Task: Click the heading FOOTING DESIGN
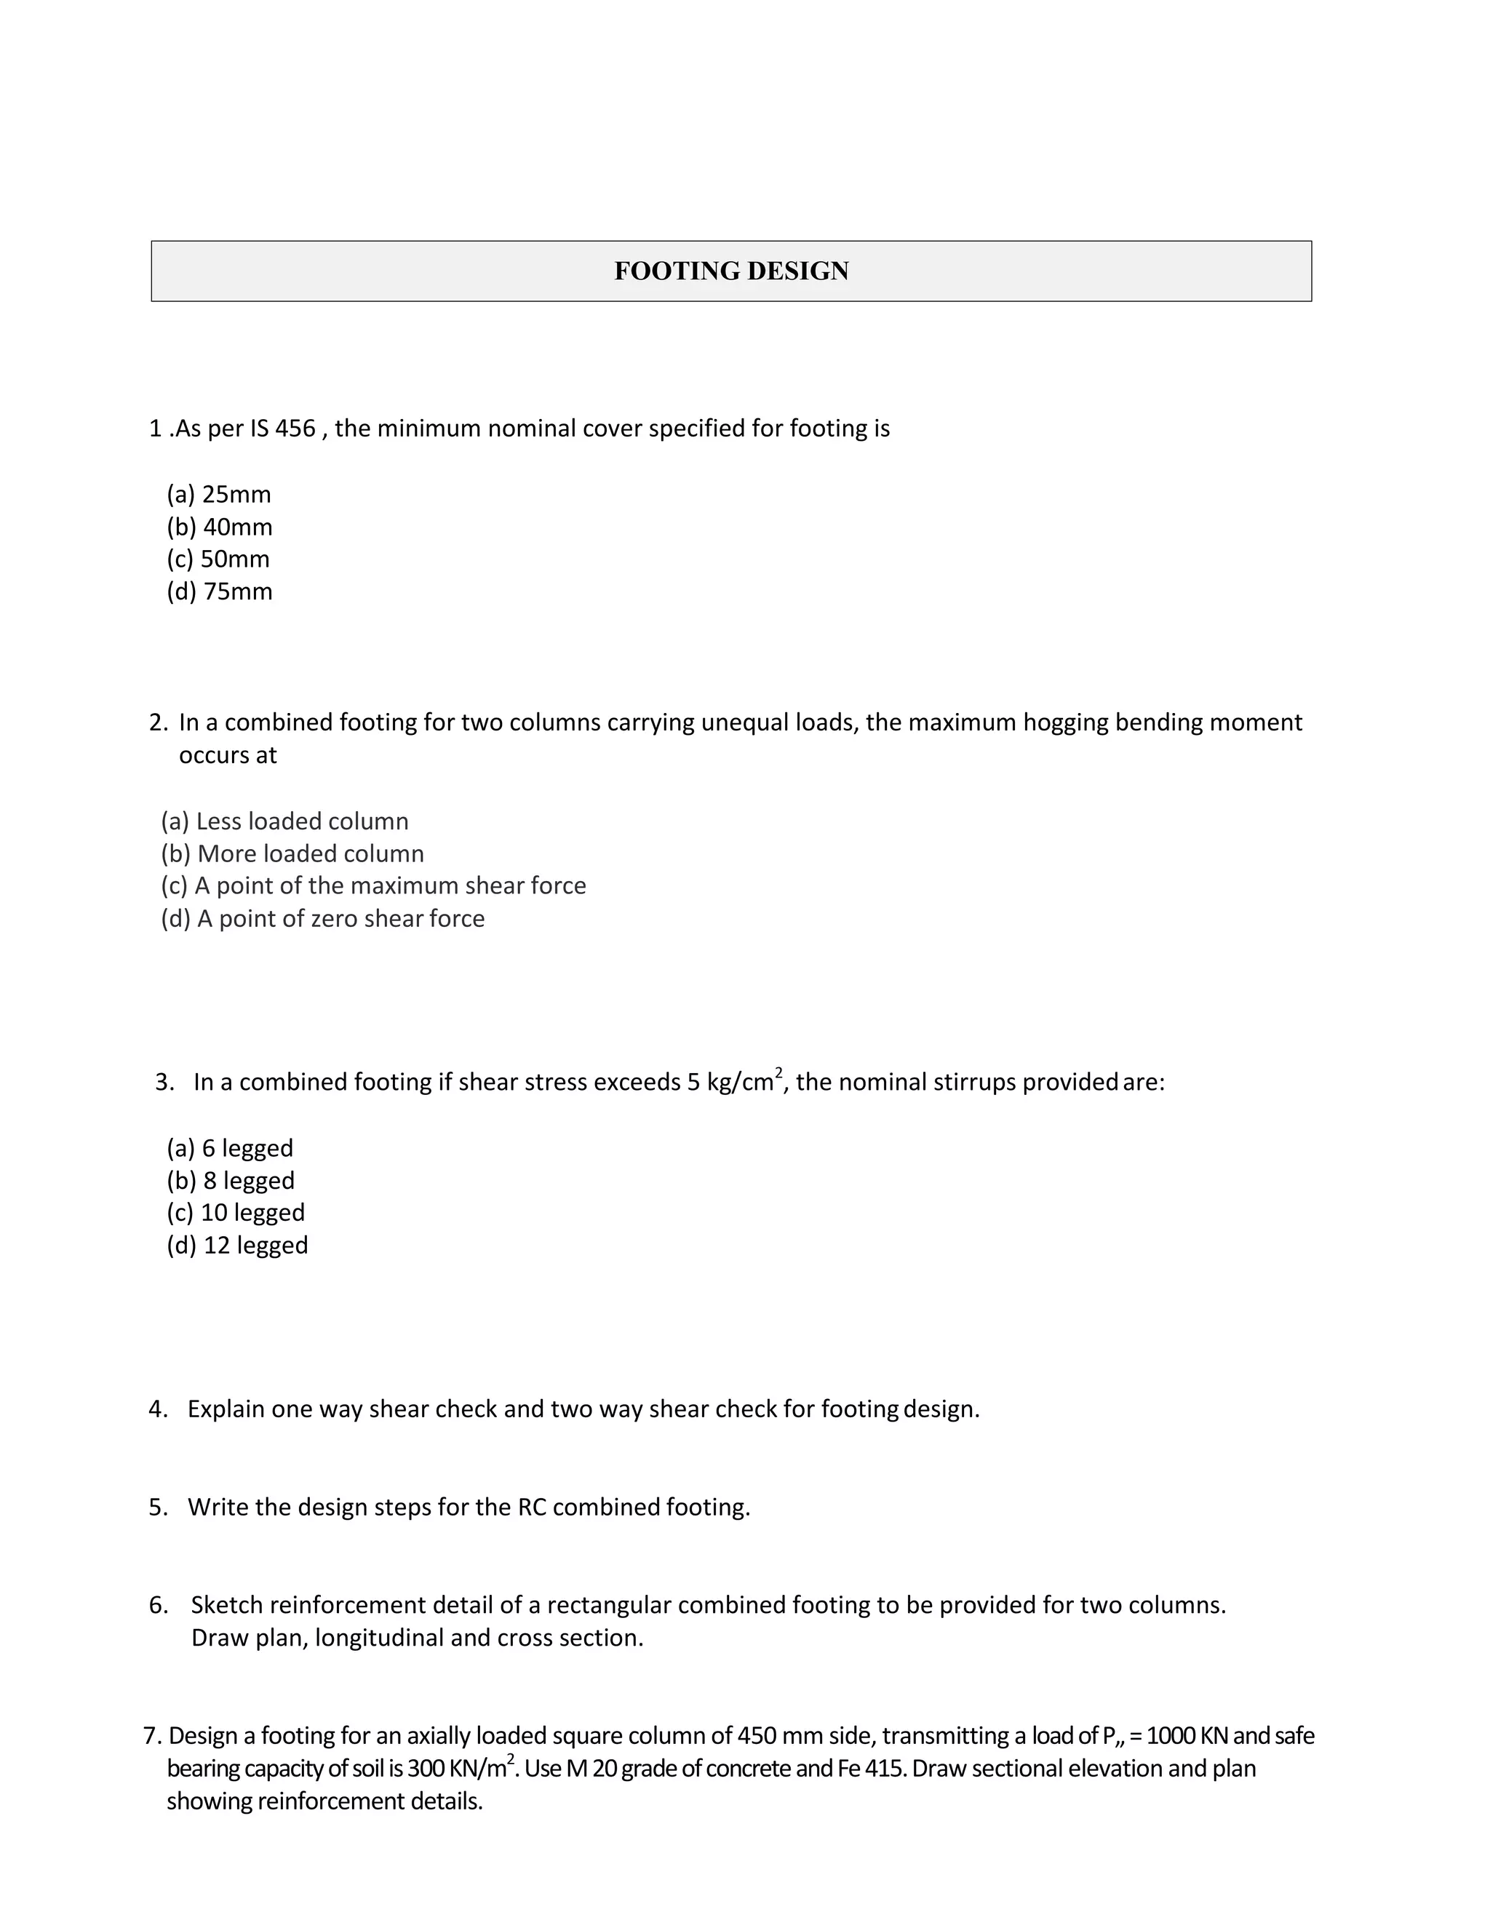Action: click(x=731, y=271)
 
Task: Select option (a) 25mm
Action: click(x=219, y=494)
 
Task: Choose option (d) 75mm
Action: click(x=220, y=591)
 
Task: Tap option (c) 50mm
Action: click(x=218, y=559)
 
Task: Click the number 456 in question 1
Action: click(x=295, y=429)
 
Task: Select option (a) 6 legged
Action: click(x=229, y=1149)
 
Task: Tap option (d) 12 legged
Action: click(x=237, y=1246)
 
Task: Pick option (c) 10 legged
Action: click(x=236, y=1213)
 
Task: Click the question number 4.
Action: click(x=157, y=1409)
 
